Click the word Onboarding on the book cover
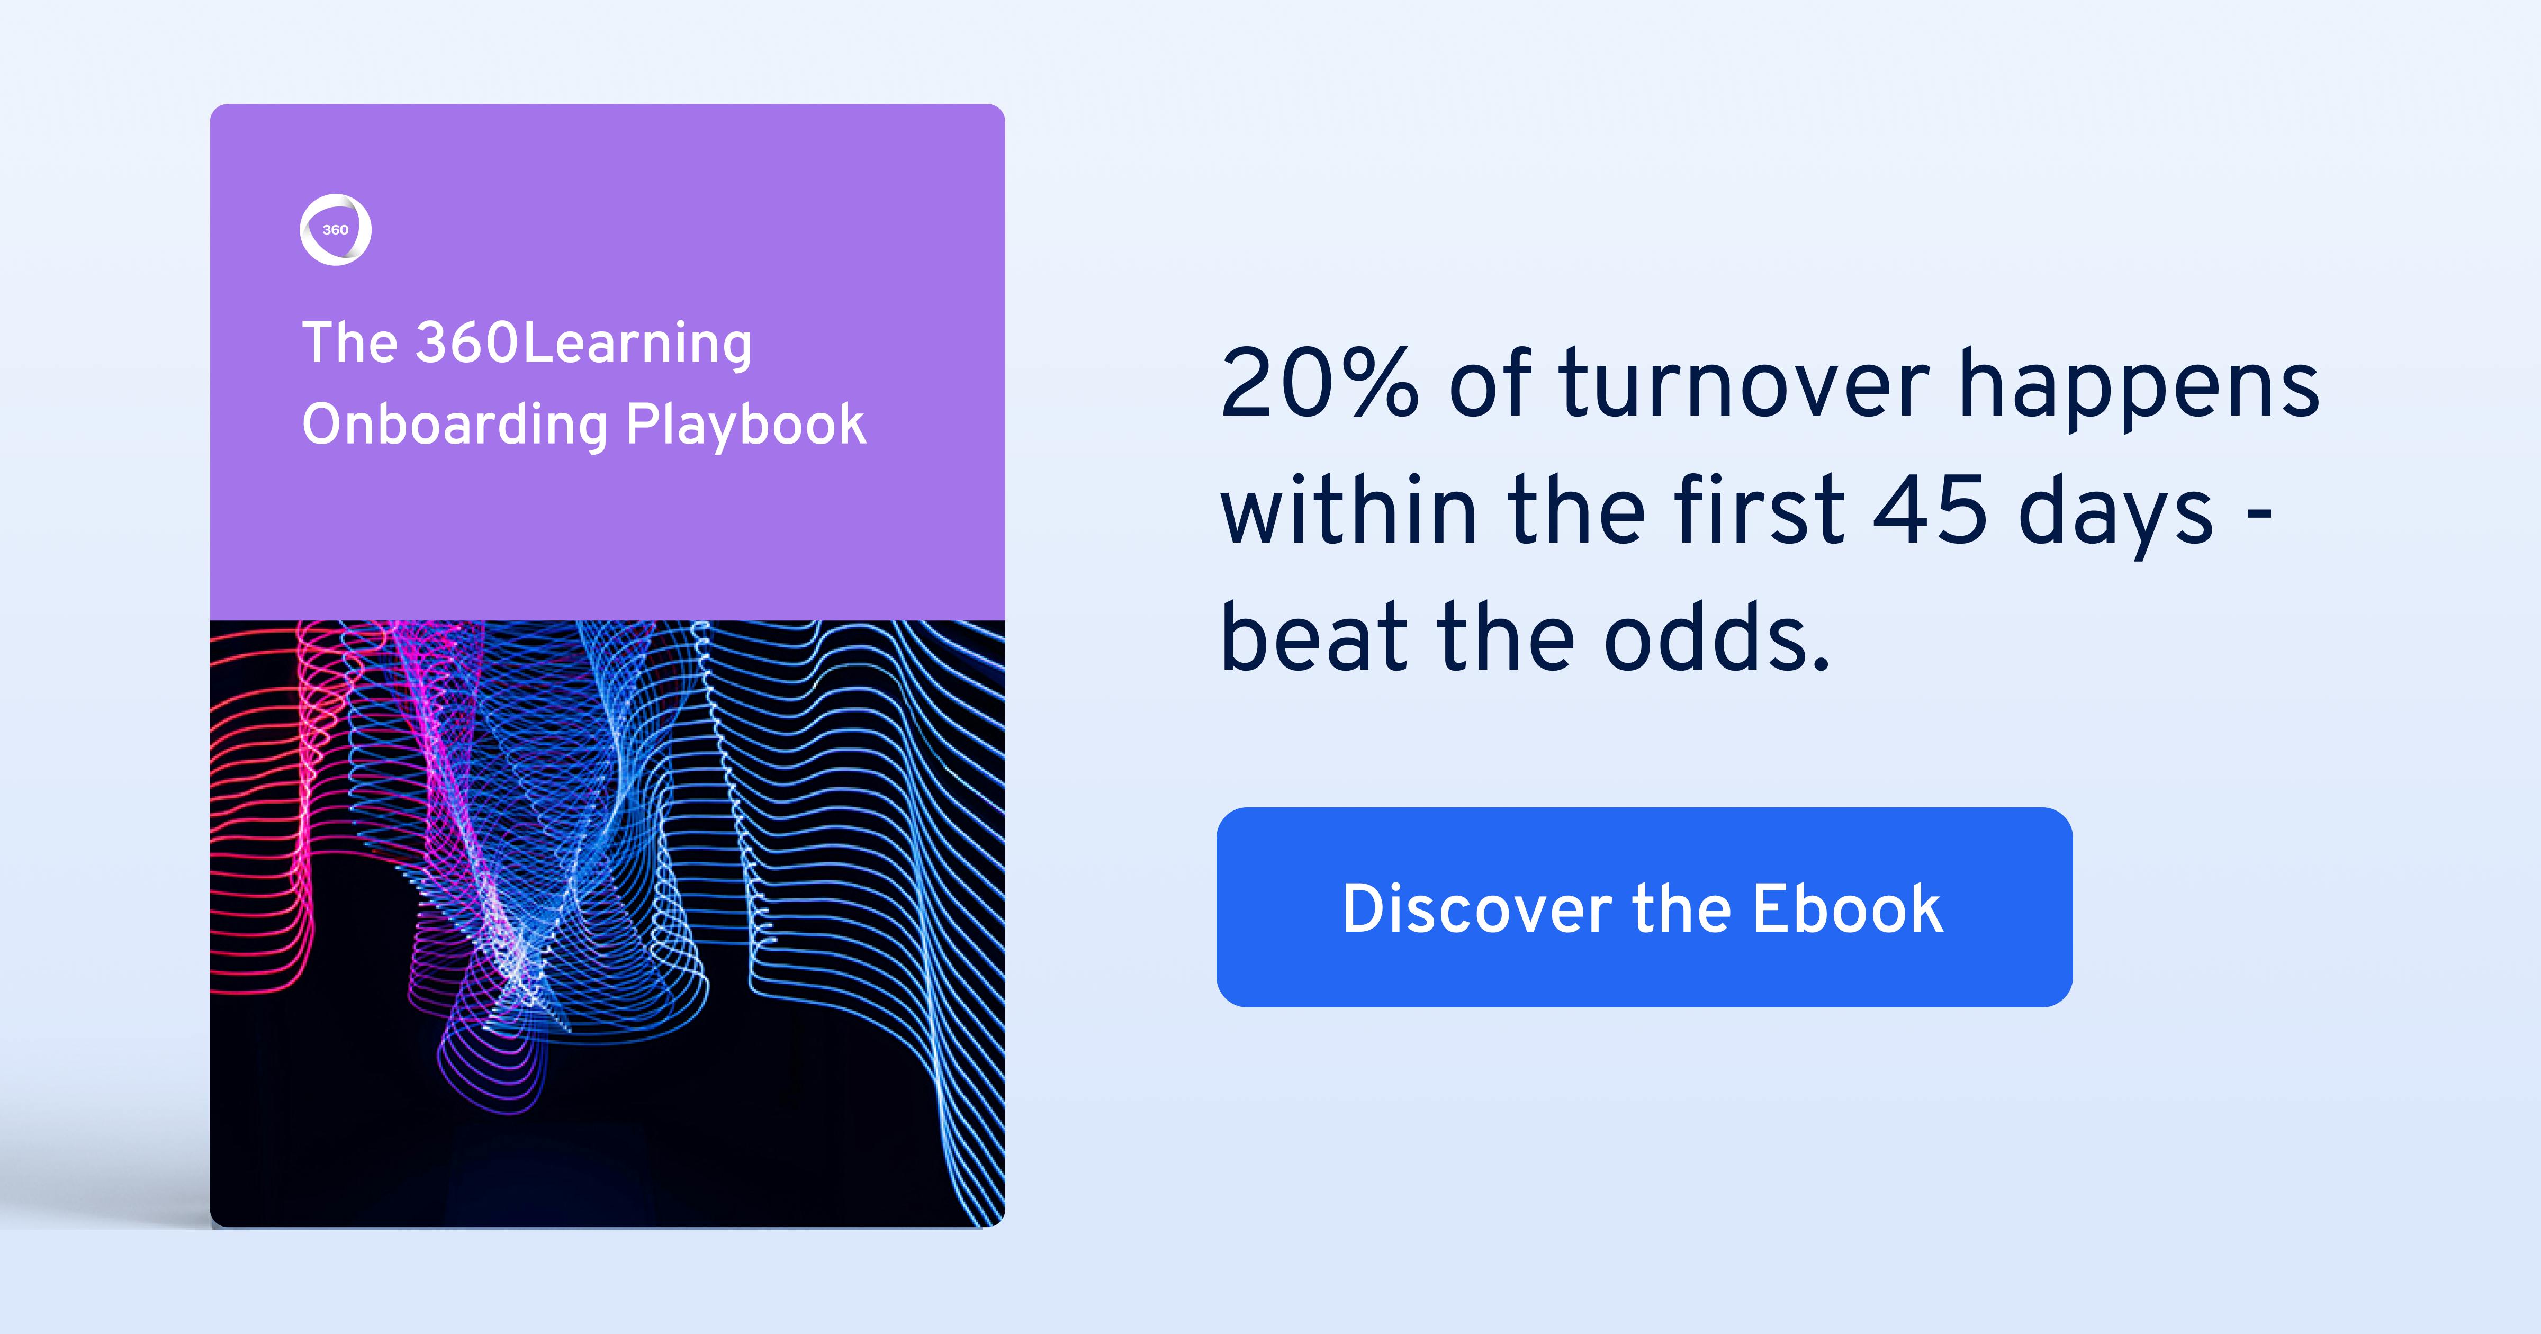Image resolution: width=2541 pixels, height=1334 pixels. click(455, 425)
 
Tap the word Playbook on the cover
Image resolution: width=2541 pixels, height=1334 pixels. click(746, 425)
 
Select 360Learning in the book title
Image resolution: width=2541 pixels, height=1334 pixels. click(583, 344)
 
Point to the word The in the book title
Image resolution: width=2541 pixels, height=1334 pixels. click(349, 344)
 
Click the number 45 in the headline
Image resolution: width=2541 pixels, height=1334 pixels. click(1930, 511)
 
